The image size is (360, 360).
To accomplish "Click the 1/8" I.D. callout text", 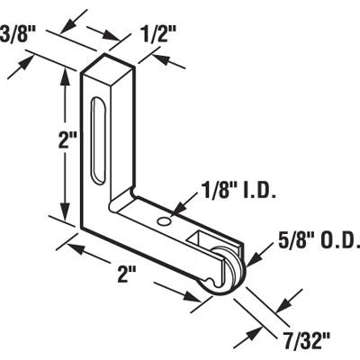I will [x=233, y=190].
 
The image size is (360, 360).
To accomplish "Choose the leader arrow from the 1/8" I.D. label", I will [x=175, y=210].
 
